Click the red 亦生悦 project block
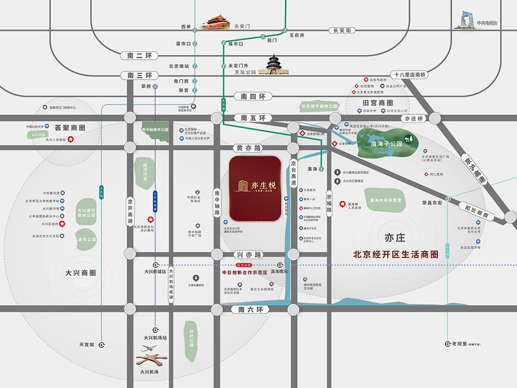pyautogui.click(x=256, y=189)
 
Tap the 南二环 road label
pyautogui.click(x=140, y=55)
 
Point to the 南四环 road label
pyautogui.click(x=252, y=97)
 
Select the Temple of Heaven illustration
pyautogui.click(x=275, y=66)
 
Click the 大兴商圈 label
pyautogui.click(x=81, y=272)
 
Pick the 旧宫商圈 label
pyautogui.click(x=377, y=103)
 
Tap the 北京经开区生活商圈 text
pyautogui.click(x=399, y=255)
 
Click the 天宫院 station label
pyautogui.click(x=86, y=345)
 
